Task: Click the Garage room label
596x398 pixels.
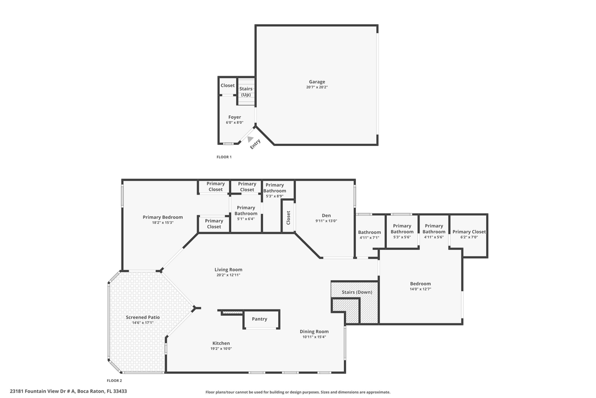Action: coord(317,82)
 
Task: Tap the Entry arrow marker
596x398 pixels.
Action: coord(251,139)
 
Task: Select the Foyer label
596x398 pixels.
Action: coord(235,117)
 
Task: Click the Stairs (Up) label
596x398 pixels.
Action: coord(246,92)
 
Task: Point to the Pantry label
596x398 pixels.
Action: coord(259,319)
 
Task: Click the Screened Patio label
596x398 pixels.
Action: coord(142,317)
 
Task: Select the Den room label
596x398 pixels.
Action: coord(326,216)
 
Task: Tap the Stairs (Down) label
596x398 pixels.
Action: coord(356,292)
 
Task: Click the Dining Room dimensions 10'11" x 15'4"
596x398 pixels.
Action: coord(314,337)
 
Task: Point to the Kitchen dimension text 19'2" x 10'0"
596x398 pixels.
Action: coord(221,349)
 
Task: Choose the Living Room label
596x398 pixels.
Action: coord(228,270)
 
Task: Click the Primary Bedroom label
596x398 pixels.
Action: coord(162,217)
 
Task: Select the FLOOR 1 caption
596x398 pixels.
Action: coord(224,157)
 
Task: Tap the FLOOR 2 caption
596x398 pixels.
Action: coord(114,380)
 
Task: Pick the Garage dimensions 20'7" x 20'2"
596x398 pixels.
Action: coord(317,87)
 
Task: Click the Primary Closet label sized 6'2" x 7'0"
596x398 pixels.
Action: coord(469,232)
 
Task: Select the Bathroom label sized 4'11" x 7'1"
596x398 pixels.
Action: coord(369,232)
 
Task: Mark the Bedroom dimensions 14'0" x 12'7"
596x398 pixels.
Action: coord(420,289)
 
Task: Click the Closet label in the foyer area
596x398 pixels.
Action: coord(227,86)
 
